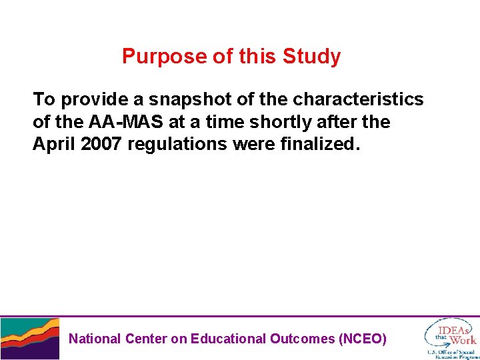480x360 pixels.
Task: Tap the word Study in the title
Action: point(311,57)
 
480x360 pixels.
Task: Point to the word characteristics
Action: point(358,100)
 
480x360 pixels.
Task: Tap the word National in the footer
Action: point(95,339)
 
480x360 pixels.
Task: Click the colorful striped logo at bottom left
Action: point(29,339)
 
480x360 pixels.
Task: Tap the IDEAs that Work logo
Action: point(453,331)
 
